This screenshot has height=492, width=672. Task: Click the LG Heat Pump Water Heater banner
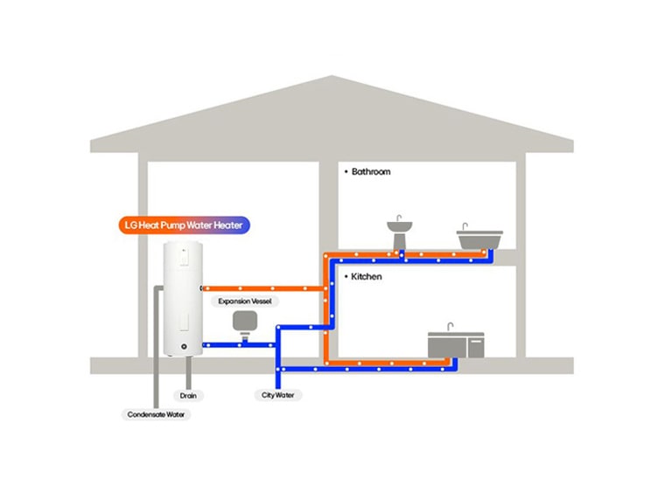pos(184,225)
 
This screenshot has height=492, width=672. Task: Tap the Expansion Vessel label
pos(244,301)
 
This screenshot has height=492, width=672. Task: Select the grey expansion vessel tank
pos(244,322)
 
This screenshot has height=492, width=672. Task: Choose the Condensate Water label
pos(157,414)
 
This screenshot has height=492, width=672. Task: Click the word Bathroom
pos(371,172)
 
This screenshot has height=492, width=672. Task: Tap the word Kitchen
pos(367,276)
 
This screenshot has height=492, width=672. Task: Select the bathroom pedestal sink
pos(400,232)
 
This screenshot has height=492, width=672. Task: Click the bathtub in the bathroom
pos(479,239)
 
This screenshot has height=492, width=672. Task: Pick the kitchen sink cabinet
pos(455,345)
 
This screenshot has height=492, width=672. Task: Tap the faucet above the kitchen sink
pos(450,327)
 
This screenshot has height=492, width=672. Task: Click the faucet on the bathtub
pos(465,225)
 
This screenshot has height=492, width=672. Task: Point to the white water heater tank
pos(183,297)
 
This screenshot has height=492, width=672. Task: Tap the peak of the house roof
pos(332,79)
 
